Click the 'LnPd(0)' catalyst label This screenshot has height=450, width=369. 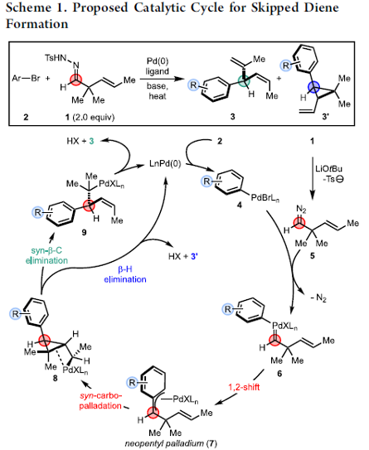165,164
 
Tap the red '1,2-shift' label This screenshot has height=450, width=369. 244,387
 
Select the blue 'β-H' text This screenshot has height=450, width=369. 125,269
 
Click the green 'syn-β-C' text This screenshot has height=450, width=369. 46,250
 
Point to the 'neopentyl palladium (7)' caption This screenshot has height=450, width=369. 171,443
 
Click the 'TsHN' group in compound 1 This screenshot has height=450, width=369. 56,58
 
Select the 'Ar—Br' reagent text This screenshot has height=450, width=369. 26,78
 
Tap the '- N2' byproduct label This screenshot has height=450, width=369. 318,298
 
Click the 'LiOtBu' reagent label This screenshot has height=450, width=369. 329,168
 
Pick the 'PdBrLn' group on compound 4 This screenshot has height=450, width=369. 265,198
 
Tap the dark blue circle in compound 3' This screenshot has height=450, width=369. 313,87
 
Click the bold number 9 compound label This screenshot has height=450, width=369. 84,232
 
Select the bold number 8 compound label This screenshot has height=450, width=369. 55,378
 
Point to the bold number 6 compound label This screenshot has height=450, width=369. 279,374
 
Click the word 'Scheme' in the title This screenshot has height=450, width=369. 28,7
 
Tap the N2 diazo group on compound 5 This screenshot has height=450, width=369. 301,209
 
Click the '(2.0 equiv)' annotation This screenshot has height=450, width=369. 94,117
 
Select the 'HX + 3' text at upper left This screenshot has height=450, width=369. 80,141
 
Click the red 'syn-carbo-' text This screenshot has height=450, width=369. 101,396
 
